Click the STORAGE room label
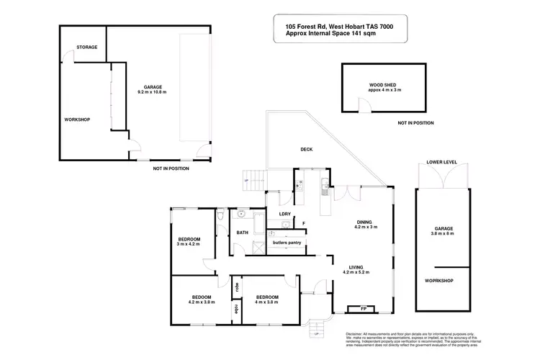click(x=87, y=48)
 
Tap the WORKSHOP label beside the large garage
click(x=76, y=119)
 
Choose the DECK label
click(x=306, y=150)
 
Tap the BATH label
click(x=243, y=233)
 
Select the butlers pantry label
click(x=287, y=242)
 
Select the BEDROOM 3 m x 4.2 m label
click(x=189, y=241)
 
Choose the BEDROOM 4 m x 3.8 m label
click(x=266, y=300)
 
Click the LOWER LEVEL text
click(x=441, y=163)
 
